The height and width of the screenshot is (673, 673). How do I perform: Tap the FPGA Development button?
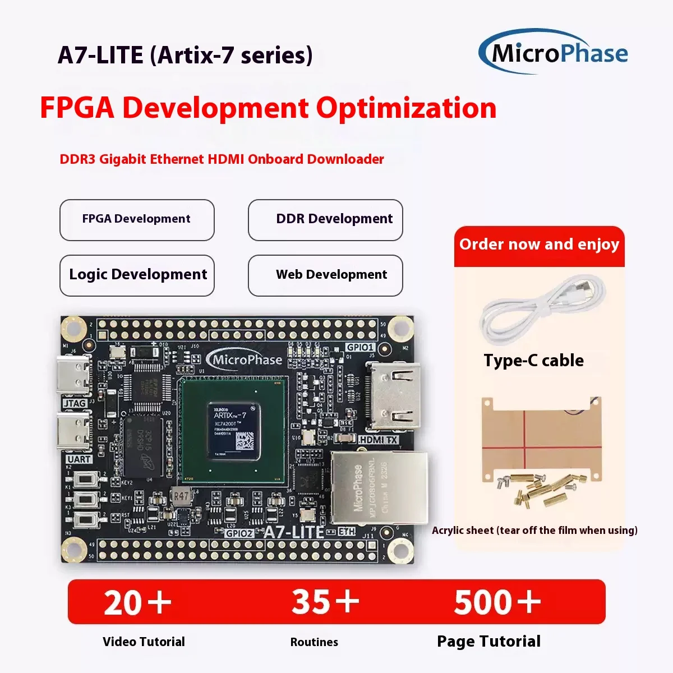tap(137, 220)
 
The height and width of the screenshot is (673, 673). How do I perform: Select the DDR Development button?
tap(325, 220)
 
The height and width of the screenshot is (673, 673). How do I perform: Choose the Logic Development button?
tap(137, 275)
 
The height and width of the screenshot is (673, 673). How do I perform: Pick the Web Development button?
tap(325, 275)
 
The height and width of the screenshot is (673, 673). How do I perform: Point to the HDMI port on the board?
tap(392, 397)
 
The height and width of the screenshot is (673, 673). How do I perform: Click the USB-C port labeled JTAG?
tap(73, 377)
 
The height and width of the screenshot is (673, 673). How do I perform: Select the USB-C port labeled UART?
tap(73, 432)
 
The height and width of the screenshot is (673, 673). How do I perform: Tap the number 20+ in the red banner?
tap(137, 602)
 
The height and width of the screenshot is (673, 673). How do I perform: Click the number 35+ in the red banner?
tap(325, 602)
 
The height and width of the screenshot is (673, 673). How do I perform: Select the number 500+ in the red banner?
tap(497, 602)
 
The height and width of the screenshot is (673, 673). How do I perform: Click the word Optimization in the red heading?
tap(406, 108)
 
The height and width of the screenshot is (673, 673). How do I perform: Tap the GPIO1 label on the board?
tap(359, 348)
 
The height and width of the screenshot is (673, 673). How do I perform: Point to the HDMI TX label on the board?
tap(378, 440)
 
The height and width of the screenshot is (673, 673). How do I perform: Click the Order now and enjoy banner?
tap(539, 245)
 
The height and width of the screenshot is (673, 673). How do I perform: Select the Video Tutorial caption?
tap(144, 642)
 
